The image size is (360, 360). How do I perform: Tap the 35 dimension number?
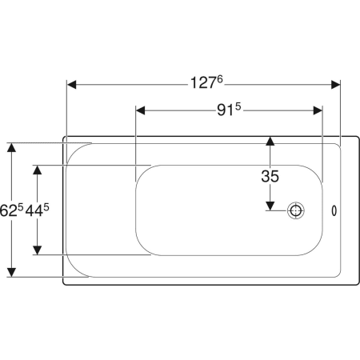pyautogui.click(x=270, y=176)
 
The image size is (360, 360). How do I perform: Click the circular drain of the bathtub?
pyautogui.click(x=296, y=210)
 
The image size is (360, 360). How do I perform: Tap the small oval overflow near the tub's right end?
pyautogui.click(x=334, y=210)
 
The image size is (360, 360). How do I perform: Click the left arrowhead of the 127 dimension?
pyautogui.click(x=71, y=85)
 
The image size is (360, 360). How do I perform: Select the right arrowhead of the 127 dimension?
pyautogui.click(x=335, y=85)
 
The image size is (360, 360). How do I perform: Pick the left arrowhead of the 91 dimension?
pyautogui.click(x=141, y=110)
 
